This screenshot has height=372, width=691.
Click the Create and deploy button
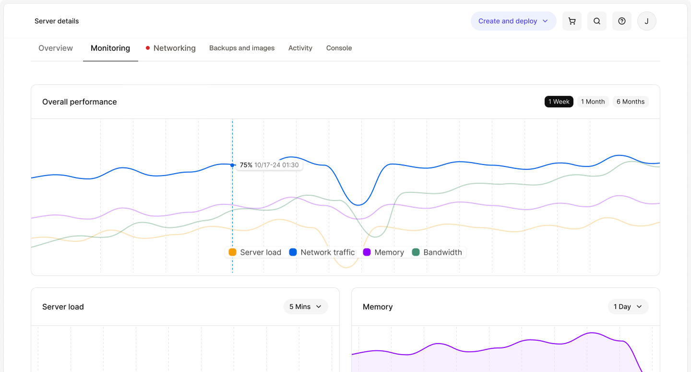513,21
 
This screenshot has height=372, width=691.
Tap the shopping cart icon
572,21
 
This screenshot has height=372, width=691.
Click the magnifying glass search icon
597,21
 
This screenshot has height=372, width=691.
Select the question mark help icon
622,21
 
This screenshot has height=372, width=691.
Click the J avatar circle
646,21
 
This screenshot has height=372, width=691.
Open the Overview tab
56,48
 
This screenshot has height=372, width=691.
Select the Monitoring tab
110,48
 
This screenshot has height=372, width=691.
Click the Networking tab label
175,48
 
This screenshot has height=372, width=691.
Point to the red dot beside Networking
148,48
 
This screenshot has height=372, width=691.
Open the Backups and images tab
242,48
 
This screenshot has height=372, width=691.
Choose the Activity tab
300,48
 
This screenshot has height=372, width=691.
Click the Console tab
339,48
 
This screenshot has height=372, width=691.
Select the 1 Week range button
559,101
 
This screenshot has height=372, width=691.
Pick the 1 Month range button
593,101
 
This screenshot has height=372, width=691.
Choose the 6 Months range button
631,101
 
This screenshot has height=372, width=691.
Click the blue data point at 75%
232,165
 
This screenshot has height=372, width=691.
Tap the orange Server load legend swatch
232,252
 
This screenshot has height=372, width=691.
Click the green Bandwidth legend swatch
416,252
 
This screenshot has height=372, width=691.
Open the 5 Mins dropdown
306,307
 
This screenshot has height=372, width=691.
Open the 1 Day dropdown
628,307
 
